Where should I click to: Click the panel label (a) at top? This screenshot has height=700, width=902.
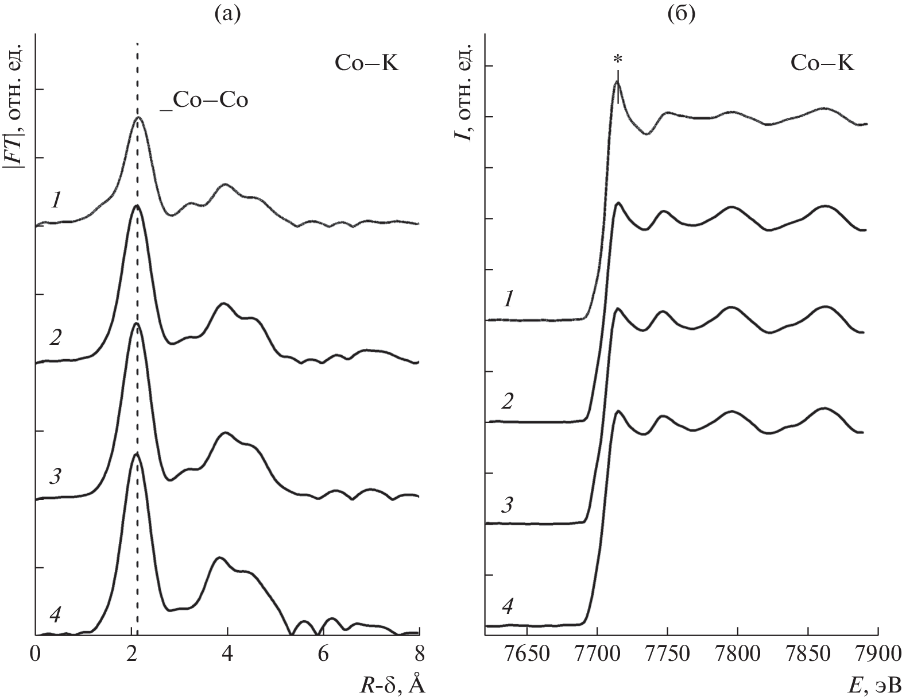pos(226,13)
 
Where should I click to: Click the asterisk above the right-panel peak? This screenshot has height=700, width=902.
pos(618,59)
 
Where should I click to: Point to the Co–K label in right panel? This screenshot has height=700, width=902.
pos(822,63)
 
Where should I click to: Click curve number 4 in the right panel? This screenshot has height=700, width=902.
pos(508,606)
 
